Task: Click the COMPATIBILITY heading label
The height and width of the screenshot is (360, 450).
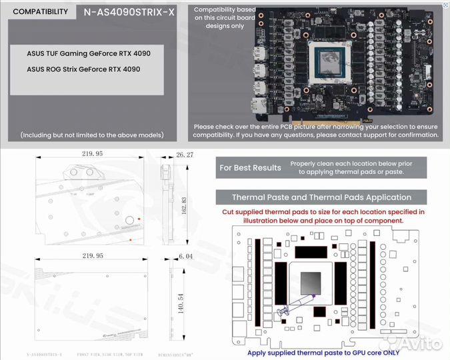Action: pos(40,11)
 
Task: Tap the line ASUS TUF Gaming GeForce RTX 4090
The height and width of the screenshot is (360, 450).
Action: pos(83,53)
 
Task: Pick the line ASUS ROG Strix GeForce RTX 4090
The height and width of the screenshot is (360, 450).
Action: pos(83,69)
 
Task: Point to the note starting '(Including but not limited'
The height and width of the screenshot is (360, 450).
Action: pos(91,135)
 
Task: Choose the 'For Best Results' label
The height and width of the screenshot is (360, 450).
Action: pos(250,167)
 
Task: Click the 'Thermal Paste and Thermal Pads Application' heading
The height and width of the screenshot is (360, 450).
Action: pos(321,197)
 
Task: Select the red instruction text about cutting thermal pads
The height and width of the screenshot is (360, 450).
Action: pos(323,215)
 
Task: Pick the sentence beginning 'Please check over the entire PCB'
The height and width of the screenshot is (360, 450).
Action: pos(317,130)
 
